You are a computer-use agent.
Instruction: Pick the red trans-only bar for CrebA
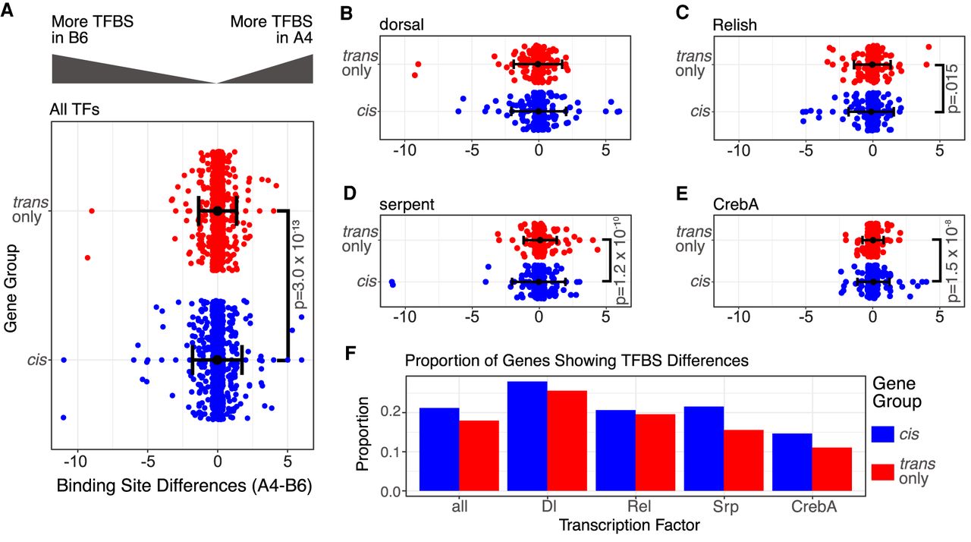coord(832,470)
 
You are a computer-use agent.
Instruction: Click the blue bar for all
coord(440,450)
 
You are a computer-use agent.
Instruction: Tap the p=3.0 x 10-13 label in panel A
coord(296,285)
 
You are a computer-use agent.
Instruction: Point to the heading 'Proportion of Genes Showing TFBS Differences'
coord(577,361)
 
